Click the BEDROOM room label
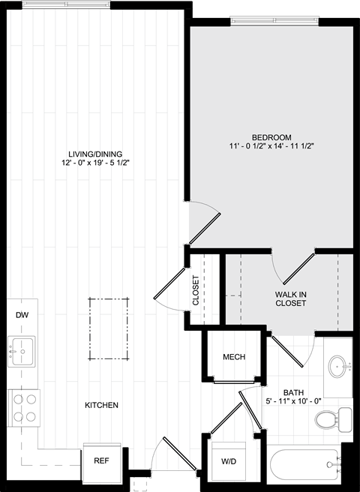tap(271, 137)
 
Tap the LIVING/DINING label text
tap(95, 154)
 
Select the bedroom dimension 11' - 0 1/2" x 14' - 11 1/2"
tap(271, 146)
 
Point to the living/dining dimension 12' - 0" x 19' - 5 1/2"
tap(95, 163)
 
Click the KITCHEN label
tap(102, 405)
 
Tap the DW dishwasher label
tap(22, 315)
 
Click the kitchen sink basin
tap(21, 352)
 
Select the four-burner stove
tap(24, 408)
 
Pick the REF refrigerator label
tap(102, 460)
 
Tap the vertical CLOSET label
tap(196, 290)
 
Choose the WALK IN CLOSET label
tap(291, 298)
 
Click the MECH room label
tap(234, 357)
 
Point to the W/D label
tap(229, 461)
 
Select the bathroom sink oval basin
tap(338, 366)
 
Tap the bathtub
tap(304, 465)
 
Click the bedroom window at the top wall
tap(274, 21)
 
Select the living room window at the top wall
tap(66, 4)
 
